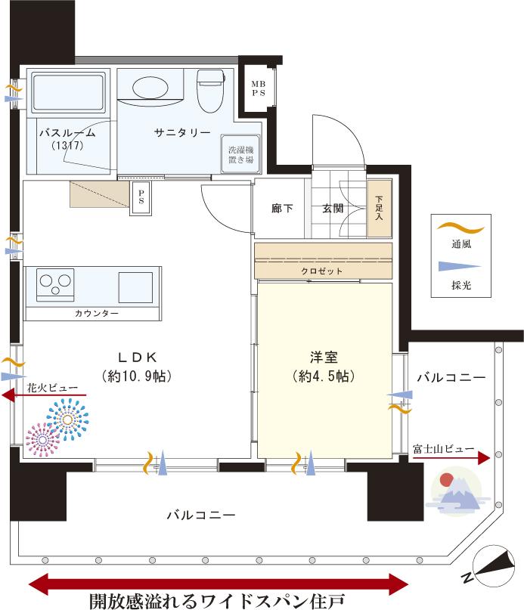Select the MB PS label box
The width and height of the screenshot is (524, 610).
[258, 88]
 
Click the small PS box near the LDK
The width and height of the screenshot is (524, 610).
[141, 198]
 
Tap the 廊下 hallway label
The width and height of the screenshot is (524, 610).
[282, 208]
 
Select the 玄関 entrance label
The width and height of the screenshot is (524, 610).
[333, 208]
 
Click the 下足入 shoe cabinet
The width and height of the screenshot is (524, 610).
[380, 207]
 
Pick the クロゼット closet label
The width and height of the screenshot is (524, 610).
[324, 271]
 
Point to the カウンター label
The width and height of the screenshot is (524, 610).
[96, 312]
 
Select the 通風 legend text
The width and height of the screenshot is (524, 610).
[460, 244]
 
